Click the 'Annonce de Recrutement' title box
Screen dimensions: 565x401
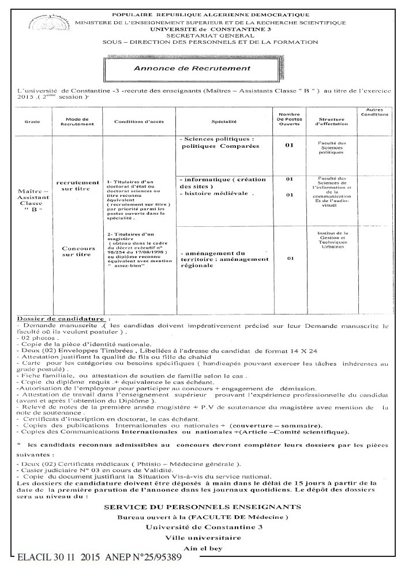200,69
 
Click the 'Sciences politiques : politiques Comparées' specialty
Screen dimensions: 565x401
218,143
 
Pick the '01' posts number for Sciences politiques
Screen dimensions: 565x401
289,145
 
